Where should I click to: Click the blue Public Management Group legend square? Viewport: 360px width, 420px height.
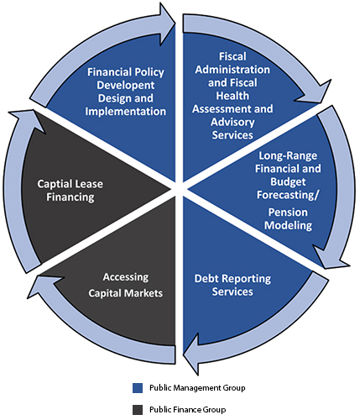[138, 388]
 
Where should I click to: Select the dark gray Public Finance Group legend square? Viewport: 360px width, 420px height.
[138, 410]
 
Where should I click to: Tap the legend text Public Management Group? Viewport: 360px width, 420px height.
[197, 388]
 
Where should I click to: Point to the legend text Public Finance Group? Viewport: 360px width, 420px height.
[187, 410]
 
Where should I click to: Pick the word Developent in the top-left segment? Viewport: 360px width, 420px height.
[126, 85]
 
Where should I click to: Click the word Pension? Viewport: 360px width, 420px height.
[288, 213]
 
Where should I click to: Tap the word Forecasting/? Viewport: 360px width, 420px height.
[288, 195]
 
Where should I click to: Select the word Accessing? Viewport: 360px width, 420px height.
[126, 277]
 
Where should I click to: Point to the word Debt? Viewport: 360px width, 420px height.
[207, 279]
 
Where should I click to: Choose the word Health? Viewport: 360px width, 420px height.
[232, 96]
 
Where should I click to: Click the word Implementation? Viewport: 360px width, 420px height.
[126, 112]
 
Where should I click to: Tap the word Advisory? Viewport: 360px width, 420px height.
[232, 122]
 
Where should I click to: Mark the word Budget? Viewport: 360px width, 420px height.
[288, 182]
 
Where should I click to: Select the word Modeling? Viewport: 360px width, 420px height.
[288, 225]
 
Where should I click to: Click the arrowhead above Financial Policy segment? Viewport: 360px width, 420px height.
[167, 24]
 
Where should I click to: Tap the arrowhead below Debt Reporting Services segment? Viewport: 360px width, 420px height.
[191, 354]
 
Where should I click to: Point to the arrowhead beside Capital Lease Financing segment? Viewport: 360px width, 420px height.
[28, 119]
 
